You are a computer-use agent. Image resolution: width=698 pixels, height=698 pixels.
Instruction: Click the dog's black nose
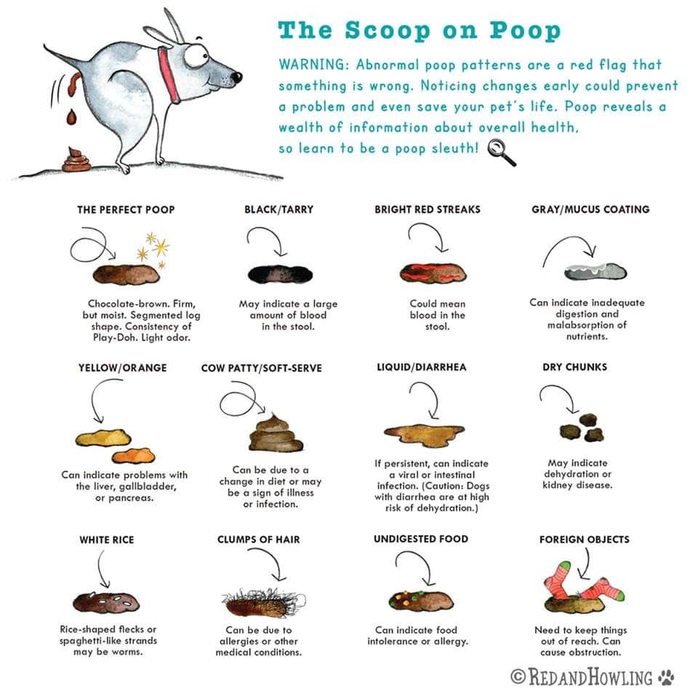(x=236, y=77)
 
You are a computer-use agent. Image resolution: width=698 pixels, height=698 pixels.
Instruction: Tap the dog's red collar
(x=169, y=74)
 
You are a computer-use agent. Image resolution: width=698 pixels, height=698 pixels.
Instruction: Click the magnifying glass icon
(x=502, y=152)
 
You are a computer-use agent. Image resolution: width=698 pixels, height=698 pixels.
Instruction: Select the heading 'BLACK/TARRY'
(x=278, y=209)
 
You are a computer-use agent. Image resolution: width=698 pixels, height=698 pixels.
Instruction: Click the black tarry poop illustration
(x=280, y=274)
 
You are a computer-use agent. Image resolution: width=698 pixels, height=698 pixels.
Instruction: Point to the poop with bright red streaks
(x=433, y=273)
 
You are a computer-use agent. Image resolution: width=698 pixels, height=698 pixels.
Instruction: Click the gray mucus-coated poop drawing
(x=595, y=271)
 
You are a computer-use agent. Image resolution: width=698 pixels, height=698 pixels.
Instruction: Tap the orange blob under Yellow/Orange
(x=134, y=455)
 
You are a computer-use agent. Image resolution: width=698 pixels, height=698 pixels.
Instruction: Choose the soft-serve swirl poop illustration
(x=276, y=433)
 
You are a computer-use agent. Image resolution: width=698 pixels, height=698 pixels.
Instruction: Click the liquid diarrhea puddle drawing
(x=424, y=431)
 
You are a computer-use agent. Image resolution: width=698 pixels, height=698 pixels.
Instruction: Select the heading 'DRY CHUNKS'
(x=574, y=367)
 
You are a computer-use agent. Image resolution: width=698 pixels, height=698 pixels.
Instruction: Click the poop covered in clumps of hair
(x=262, y=603)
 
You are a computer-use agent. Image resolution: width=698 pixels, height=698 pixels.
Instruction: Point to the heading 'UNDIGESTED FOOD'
(x=421, y=539)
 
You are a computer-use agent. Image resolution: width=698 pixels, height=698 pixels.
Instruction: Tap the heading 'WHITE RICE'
(x=107, y=540)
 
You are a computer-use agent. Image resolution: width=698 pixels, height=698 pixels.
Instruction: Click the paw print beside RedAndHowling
(x=667, y=677)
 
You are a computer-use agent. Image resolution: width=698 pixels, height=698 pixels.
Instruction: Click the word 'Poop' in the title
(x=525, y=31)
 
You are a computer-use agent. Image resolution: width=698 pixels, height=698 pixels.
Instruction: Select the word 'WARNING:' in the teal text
(x=314, y=65)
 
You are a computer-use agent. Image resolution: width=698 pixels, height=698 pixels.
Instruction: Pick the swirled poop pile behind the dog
(x=76, y=160)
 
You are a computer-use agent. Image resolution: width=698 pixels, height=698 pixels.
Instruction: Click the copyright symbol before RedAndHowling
(x=518, y=677)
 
